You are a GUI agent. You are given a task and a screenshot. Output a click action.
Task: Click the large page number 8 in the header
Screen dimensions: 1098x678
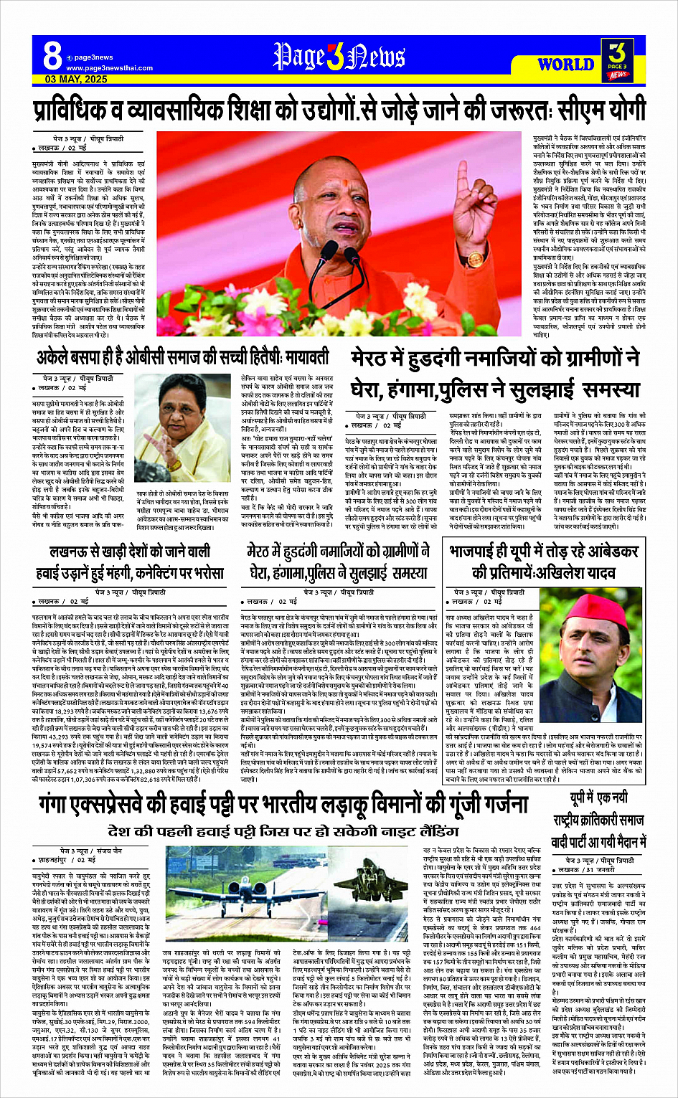[x=52, y=55]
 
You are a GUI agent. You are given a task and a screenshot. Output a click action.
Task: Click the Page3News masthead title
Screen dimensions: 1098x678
[x=339, y=57]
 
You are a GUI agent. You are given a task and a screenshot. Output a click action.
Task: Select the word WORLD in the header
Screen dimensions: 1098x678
[x=565, y=64]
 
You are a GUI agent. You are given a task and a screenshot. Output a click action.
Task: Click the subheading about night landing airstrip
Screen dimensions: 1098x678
[x=283, y=831]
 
